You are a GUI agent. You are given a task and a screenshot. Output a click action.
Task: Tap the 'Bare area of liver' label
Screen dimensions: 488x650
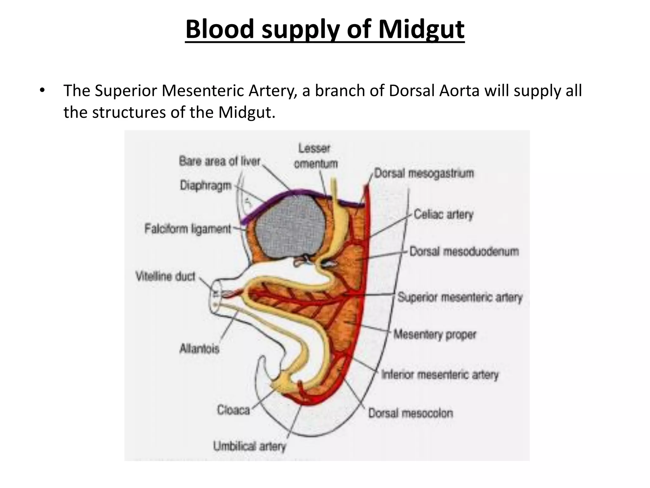(x=220, y=161)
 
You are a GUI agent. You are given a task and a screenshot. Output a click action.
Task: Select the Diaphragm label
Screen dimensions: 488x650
(x=206, y=185)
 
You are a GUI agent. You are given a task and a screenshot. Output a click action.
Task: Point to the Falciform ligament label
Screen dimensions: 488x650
(x=188, y=229)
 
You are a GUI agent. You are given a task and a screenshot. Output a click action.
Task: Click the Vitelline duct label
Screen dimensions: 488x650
(x=165, y=276)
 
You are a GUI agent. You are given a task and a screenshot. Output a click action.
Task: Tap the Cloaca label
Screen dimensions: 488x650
(x=233, y=410)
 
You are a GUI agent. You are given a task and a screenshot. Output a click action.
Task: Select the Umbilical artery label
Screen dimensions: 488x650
(x=249, y=446)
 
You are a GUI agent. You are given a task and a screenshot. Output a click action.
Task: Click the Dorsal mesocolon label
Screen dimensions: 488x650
(x=410, y=413)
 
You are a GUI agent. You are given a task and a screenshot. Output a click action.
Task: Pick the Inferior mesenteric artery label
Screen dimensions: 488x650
(x=440, y=375)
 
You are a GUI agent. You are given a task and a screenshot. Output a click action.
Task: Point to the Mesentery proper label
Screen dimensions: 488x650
(x=435, y=335)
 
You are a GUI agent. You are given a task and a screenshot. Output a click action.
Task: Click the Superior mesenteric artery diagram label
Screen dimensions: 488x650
(x=460, y=298)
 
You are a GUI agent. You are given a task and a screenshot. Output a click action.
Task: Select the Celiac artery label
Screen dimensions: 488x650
(x=443, y=215)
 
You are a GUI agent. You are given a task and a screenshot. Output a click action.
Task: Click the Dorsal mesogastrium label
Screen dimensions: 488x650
(x=424, y=173)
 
